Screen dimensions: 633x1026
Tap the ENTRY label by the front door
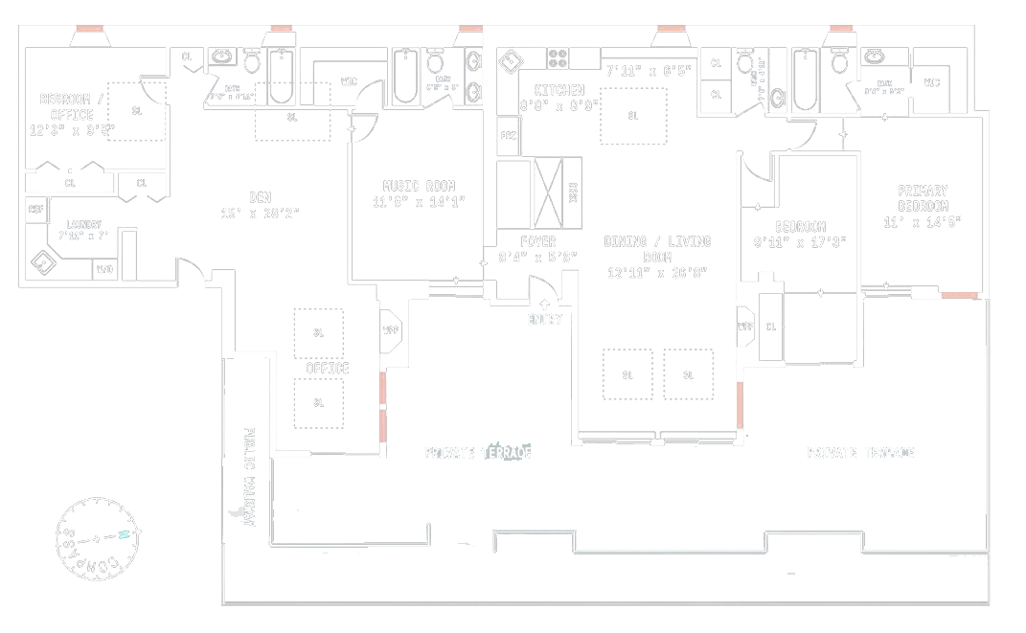pyautogui.click(x=544, y=319)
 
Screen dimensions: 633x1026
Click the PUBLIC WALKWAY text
pyautogui.click(x=248, y=476)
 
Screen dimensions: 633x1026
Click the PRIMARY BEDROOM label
pyautogui.click(x=923, y=198)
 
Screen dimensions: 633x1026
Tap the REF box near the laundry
pyautogui.click(x=35, y=209)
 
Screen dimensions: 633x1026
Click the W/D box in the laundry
pyautogui.click(x=103, y=270)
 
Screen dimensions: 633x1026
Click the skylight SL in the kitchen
pyautogui.click(x=632, y=116)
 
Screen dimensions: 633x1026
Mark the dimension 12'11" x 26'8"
pyautogui.click(x=657, y=273)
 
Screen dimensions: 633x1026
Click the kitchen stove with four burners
pyautogui.click(x=559, y=57)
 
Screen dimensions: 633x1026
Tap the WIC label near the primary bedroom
pyautogui.click(x=932, y=82)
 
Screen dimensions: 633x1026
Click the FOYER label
pyautogui.click(x=537, y=241)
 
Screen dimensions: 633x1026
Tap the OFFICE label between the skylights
pyautogui.click(x=327, y=368)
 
